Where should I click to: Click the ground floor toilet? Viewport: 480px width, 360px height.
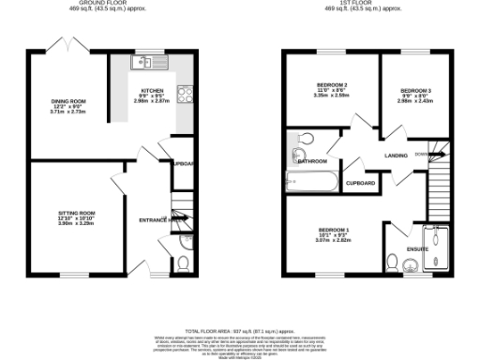click(x=182, y=261)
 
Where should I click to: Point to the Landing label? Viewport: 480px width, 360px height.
click(x=395, y=156)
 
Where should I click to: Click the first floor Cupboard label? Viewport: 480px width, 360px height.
click(x=362, y=183)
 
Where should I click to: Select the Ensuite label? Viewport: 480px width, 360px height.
click(x=417, y=249)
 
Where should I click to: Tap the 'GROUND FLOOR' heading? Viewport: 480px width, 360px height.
click(x=111, y=4)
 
